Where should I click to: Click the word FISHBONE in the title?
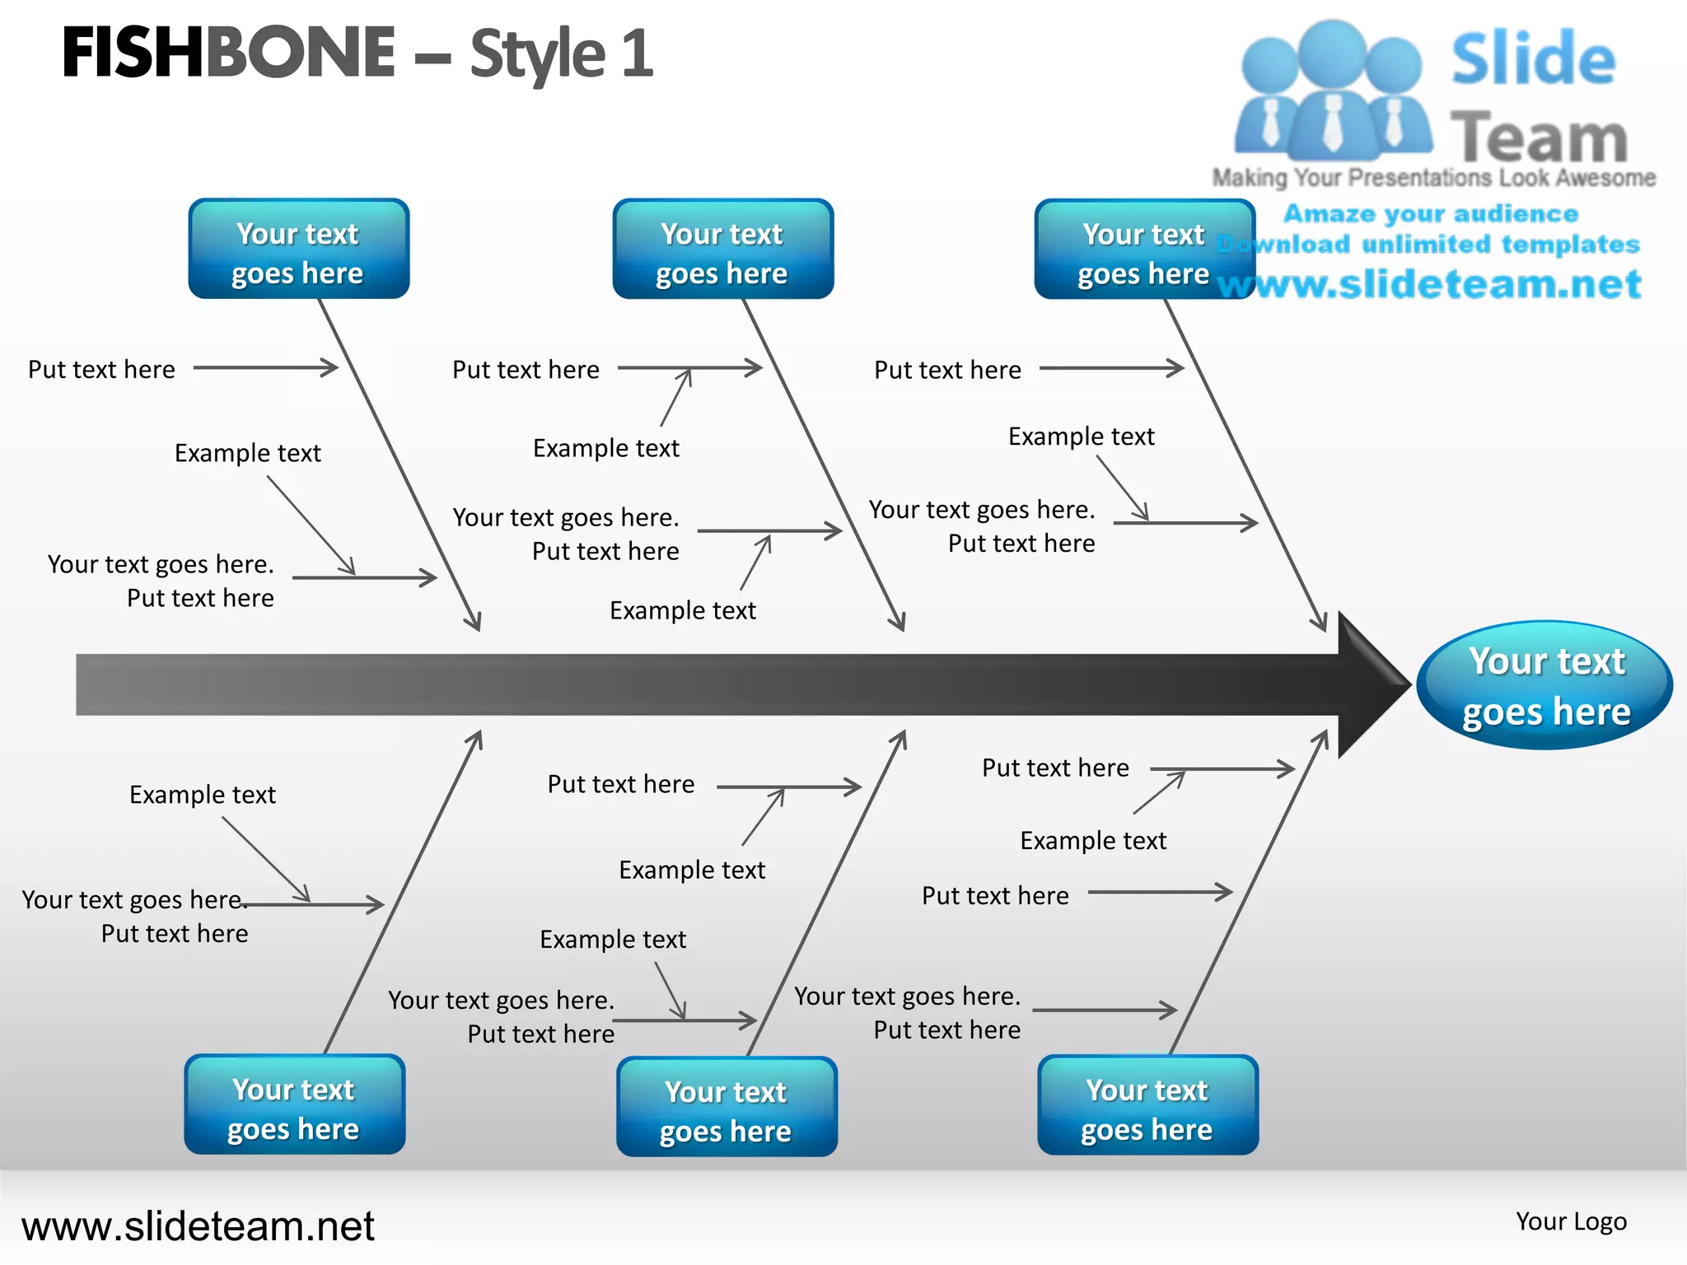[x=228, y=53]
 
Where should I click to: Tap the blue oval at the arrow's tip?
[x=1544, y=685]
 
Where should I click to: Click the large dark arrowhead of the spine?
[x=1372, y=684]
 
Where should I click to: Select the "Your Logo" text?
[x=1571, y=1221]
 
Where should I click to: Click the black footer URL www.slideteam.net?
[x=198, y=1226]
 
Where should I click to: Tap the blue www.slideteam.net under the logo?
[x=1429, y=285]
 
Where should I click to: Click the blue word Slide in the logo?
[x=1533, y=59]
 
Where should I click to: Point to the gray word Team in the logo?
[x=1539, y=138]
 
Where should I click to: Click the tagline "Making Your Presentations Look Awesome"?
[x=1433, y=178]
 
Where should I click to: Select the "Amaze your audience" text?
[x=1431, y=214]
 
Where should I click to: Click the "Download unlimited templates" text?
[x=1429, y=245]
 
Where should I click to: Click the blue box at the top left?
[x=298, y=250]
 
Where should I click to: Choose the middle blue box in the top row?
[x=722, y=250]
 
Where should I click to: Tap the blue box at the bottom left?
[x=294, y=1105]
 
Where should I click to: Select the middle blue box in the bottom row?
[x=726, y=1108]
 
